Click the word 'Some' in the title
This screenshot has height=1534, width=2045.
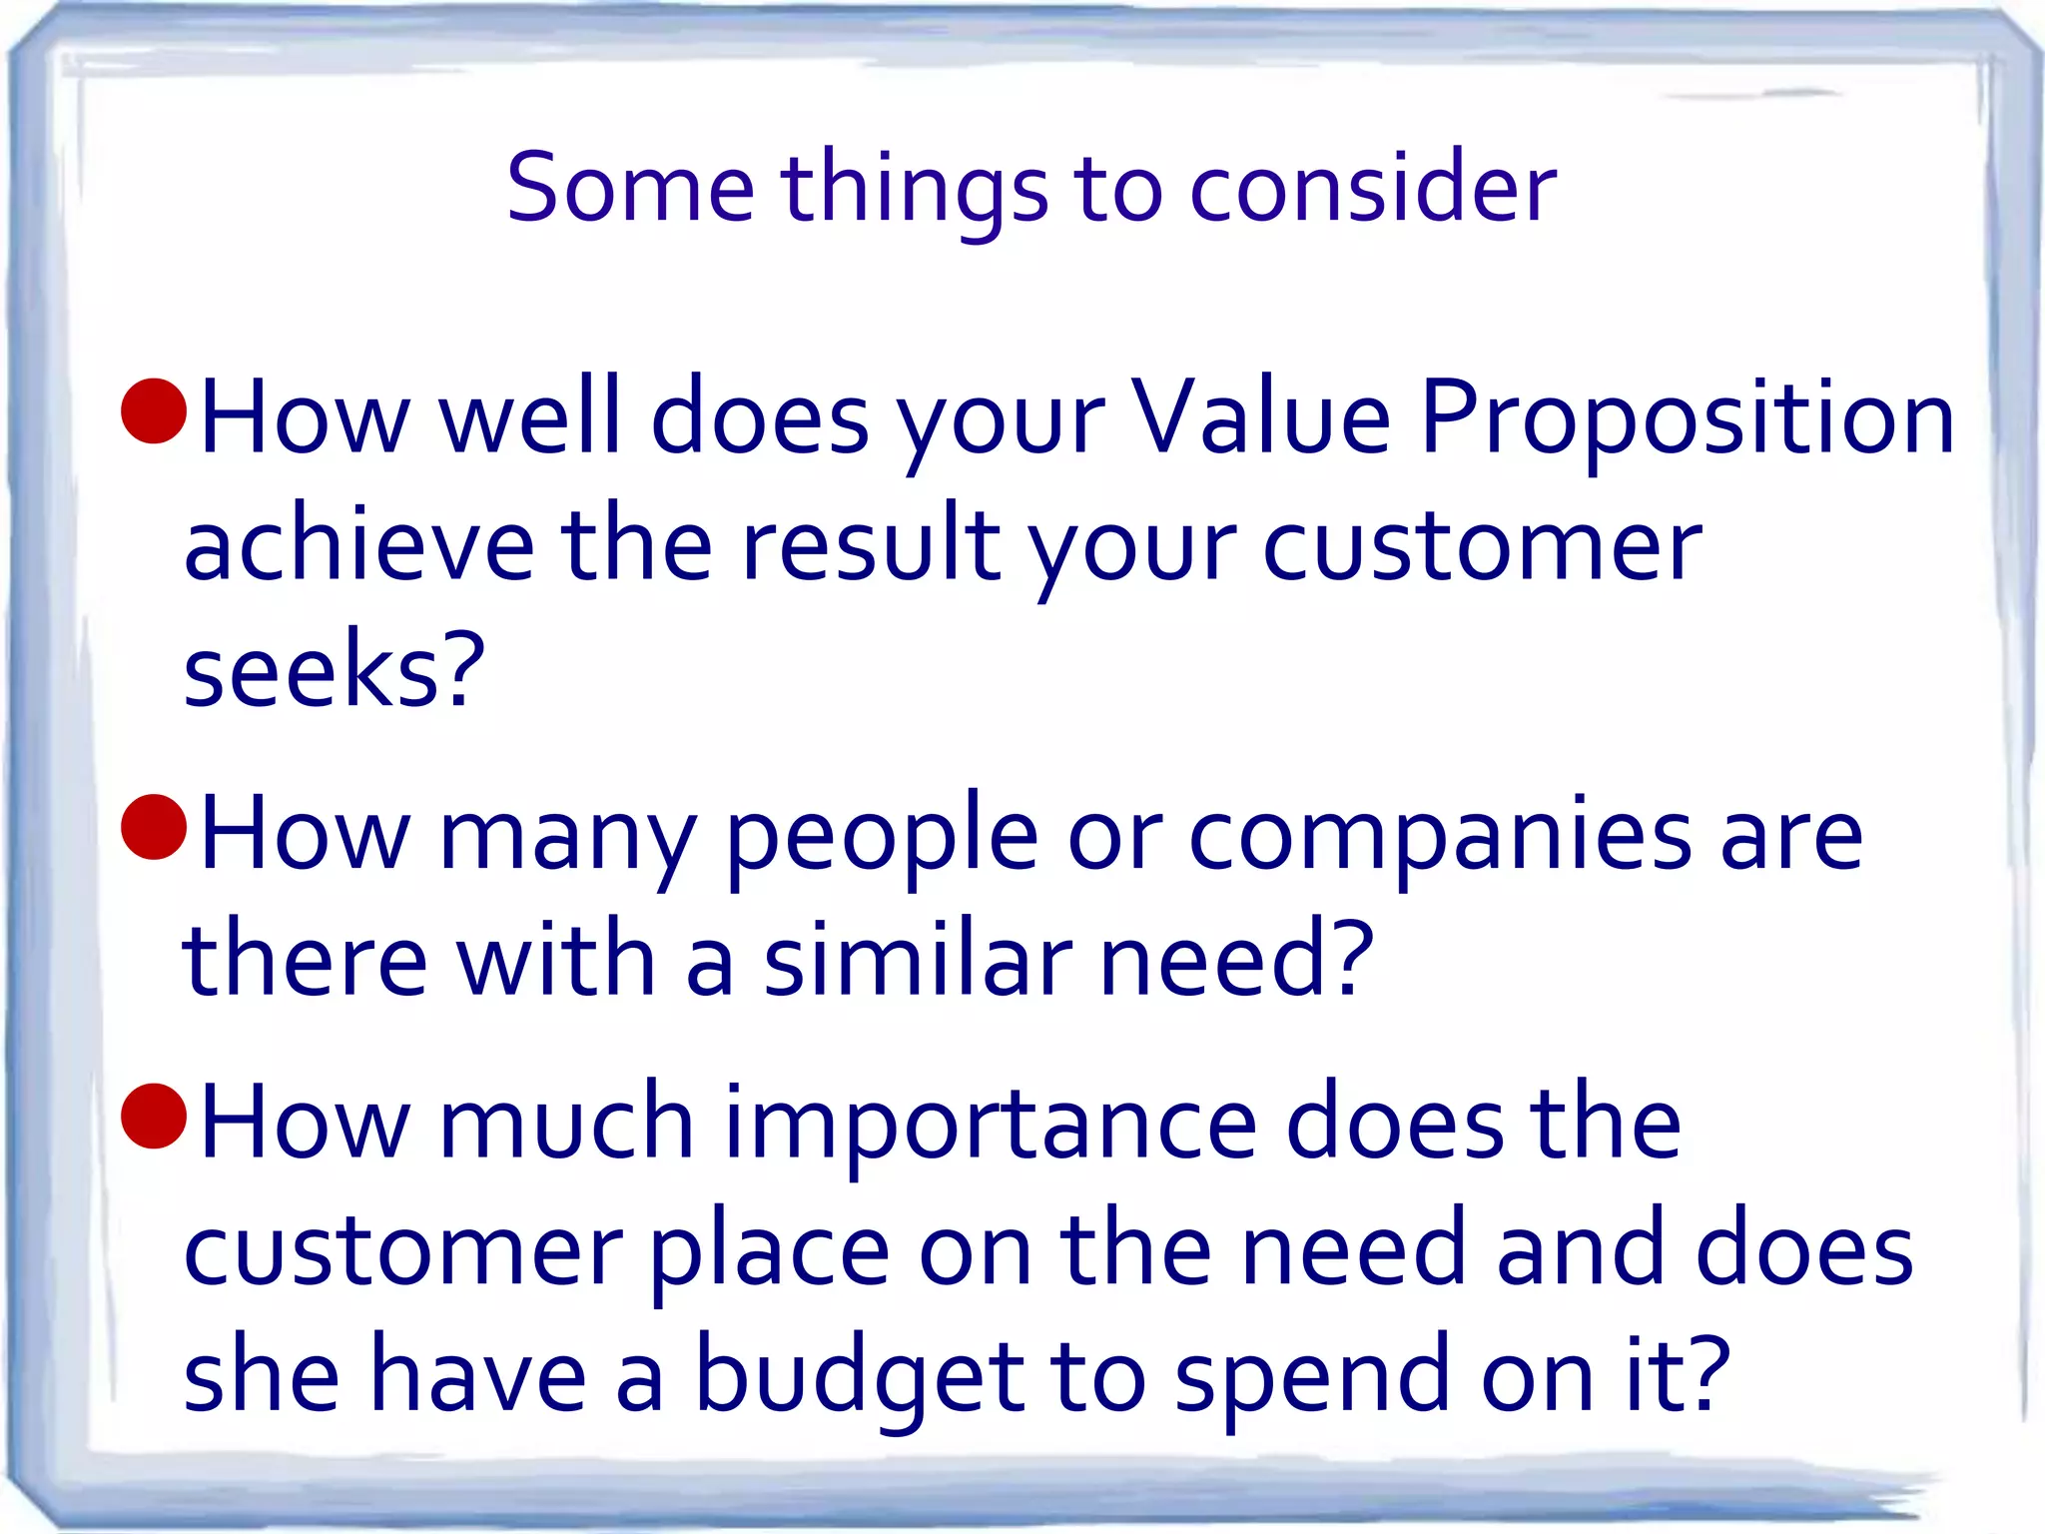pos(630,188)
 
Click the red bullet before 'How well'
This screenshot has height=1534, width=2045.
pos(154,410)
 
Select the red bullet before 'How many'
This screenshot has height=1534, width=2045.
pos(154,827)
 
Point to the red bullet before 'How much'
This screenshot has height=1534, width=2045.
pos(154,1115)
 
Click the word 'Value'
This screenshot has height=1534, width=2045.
pos(1260,417)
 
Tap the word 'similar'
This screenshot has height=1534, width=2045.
pos(918,960)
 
